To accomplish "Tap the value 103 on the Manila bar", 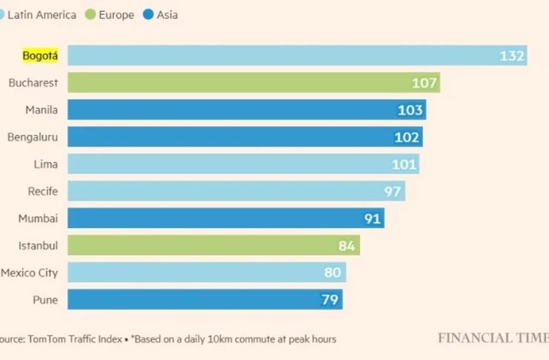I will coord(410,110).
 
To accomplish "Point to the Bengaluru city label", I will coord(33,137).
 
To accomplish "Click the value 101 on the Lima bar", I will coord(404,164).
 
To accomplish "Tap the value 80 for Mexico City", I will coord(333,273).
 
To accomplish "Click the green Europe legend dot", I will coord(90,14).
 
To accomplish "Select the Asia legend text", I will coord(167,14).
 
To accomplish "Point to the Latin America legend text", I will coord(41,14).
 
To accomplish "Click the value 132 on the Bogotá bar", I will coord(512,56).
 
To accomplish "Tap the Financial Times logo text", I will coord(493,338).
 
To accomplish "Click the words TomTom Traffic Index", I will coord(75,339).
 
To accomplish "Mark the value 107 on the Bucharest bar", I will coord(425,83).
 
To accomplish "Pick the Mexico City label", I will coord(29,273).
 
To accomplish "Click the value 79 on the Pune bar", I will coord(330,300).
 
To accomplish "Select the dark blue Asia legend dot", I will coord(148,14).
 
